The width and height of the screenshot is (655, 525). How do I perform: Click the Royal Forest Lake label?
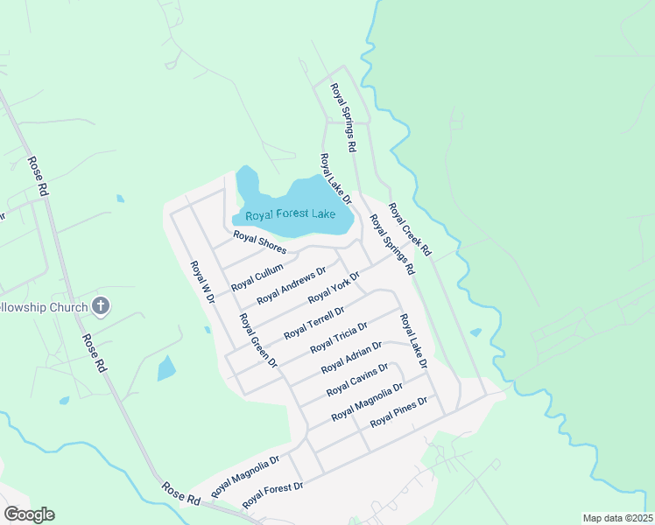(290, 214)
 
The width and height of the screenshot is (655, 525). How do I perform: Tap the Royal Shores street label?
(259, 242)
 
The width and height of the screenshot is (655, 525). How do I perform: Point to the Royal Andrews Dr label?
(291, 285)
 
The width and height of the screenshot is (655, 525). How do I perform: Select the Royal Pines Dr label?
(398, 411)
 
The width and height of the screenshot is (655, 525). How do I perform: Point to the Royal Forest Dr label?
(272, 495)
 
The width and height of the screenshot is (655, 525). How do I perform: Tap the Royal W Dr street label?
(202, 282)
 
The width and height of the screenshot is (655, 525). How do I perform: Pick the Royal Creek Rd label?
(410, 229)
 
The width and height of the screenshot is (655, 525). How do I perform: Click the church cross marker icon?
(102, 306)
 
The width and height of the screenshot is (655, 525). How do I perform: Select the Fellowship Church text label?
(44, 307)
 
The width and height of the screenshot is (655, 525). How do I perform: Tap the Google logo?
(29, 514)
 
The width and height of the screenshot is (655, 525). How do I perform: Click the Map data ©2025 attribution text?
(616, 517)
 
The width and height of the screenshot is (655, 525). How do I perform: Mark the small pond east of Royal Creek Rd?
(475, 332)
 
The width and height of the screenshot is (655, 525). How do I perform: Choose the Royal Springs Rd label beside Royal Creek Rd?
(391, 246)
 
